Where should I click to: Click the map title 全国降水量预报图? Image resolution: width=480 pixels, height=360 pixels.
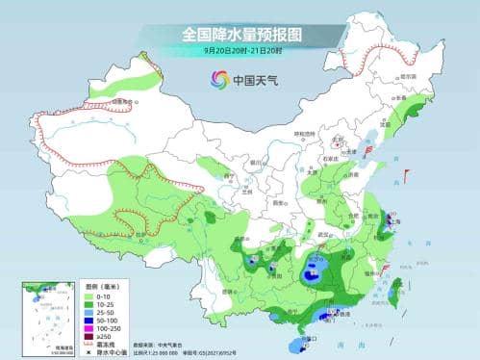[x=240, y=34]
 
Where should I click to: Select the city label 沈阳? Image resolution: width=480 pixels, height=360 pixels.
[x=389, y=123]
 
